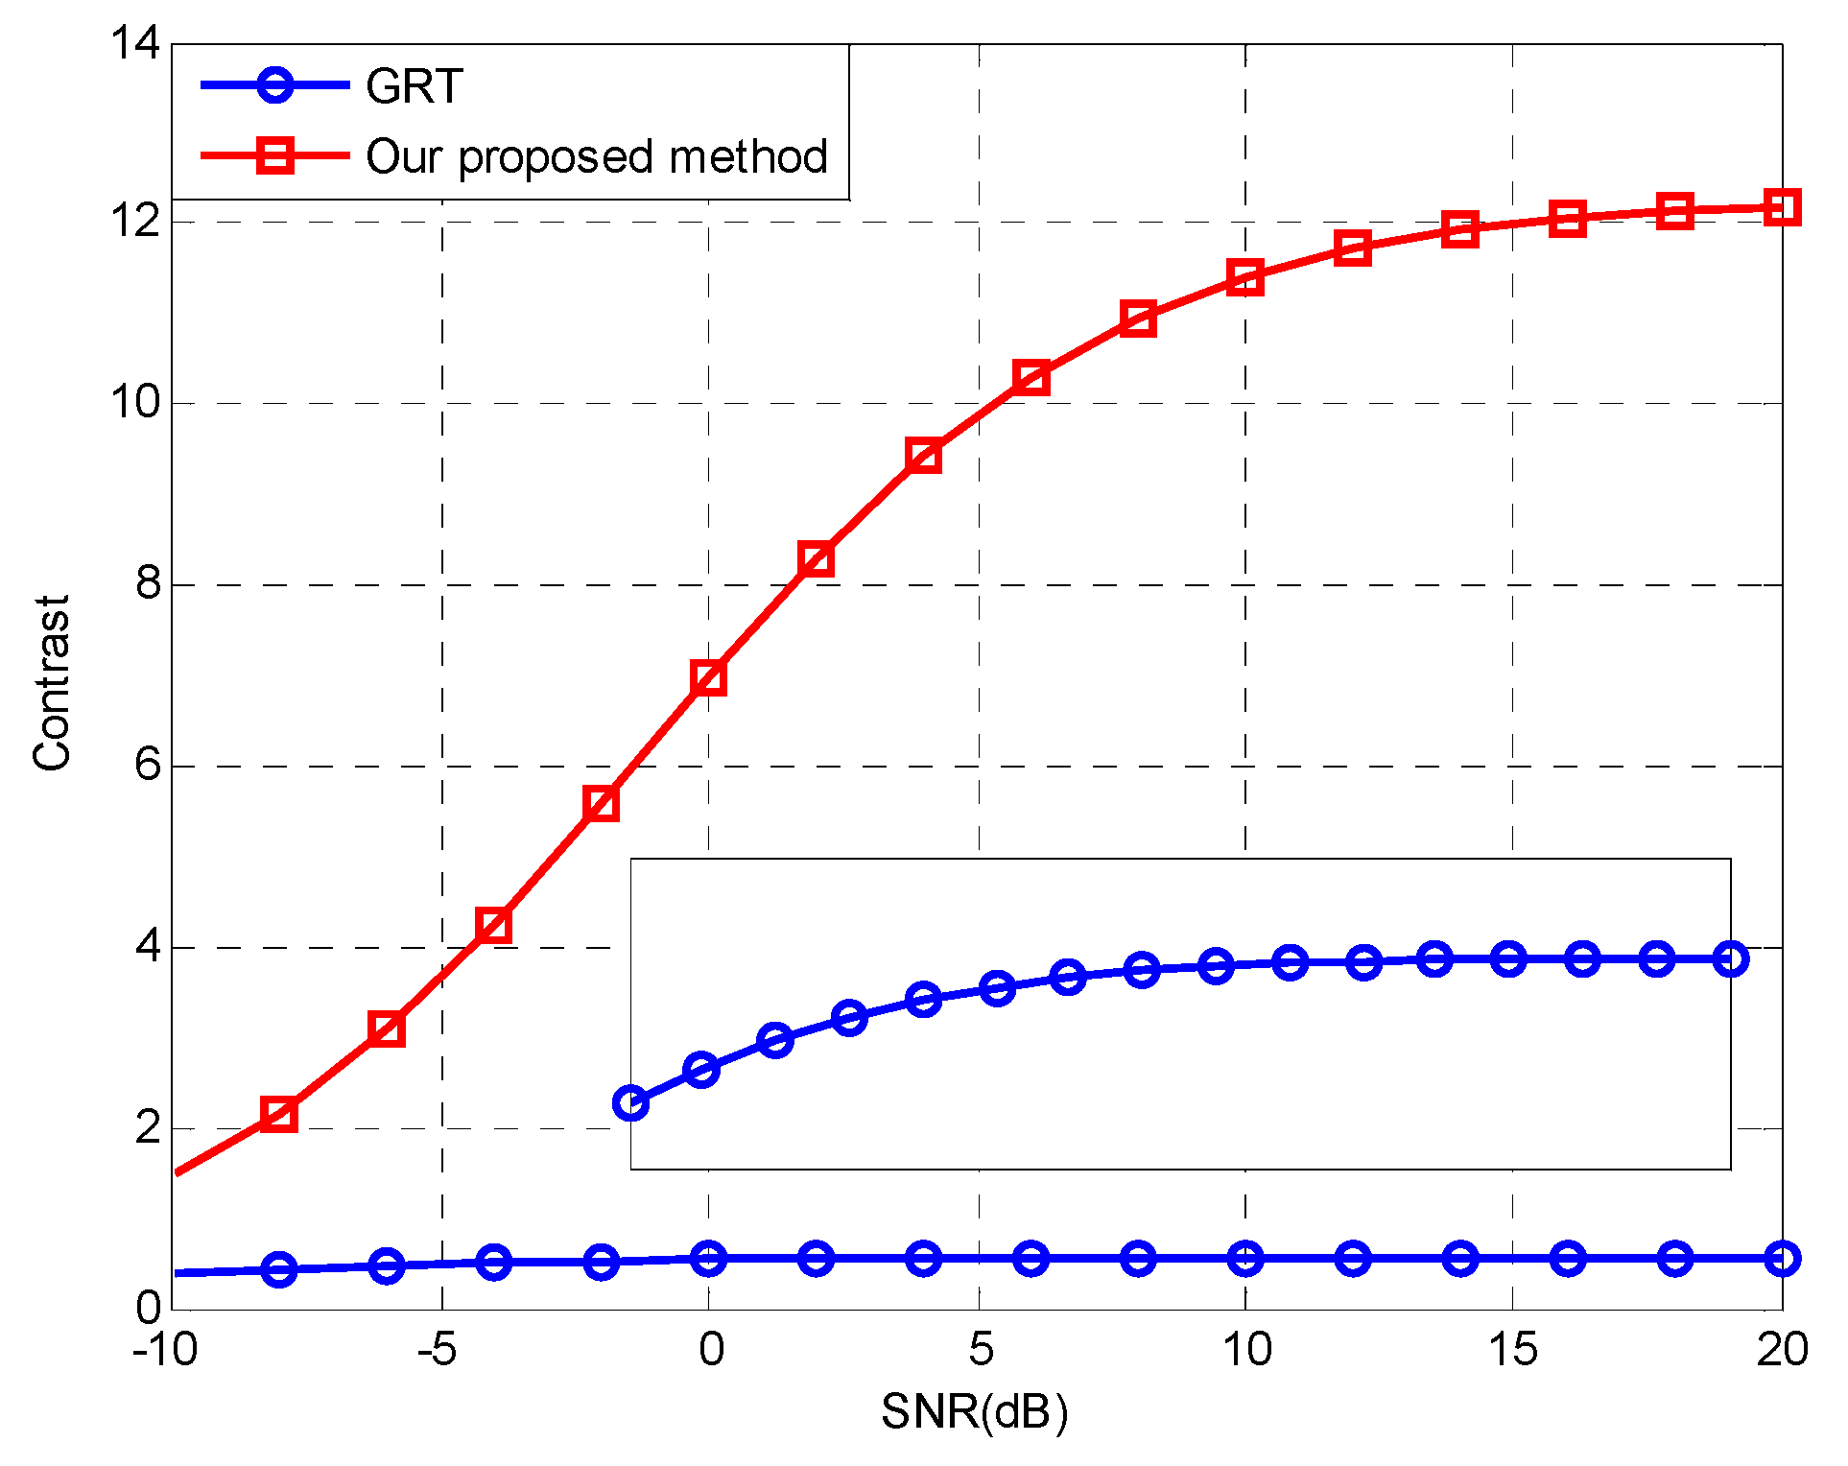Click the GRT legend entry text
[x=415, y=87]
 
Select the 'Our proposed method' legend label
[x=597, y=156]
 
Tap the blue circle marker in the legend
[x=275, y=85]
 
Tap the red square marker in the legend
[x=275, y=155]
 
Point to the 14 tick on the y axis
[x=135, y=43]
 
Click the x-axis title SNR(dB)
[x=975, y=1411]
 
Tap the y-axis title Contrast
[x=53, y=682]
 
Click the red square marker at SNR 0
[x=708, y=677]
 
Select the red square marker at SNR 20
[x=1782, y=207]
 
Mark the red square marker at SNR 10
[x=1245, y=277]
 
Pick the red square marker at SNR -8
[x=278, y=1114]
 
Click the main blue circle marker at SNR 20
[x=1782, y=1258]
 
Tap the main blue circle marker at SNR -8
[x=279, y=1268]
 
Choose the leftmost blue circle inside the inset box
[x=630, y=1102]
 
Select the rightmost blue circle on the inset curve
[x=1730, y=958]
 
